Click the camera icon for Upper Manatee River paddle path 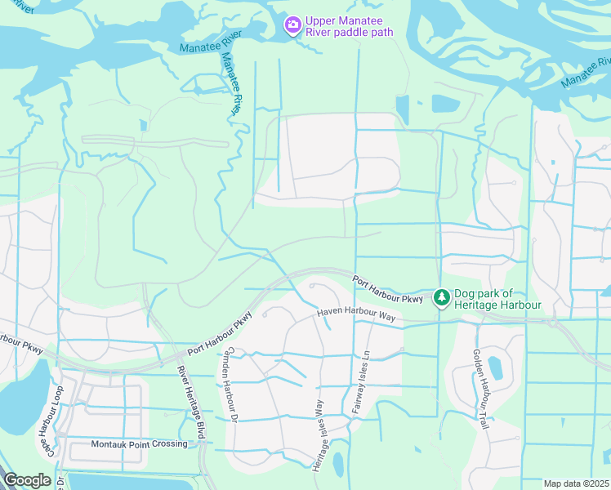292,25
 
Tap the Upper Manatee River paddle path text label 350,26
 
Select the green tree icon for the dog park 441,298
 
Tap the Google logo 27,480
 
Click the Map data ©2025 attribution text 576,483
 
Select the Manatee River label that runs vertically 232,84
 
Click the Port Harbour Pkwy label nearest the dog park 388,290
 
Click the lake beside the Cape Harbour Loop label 23,400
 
